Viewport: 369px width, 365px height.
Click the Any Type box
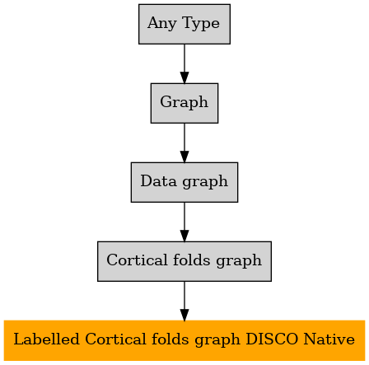[184, 24]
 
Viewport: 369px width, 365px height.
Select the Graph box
[184, 103]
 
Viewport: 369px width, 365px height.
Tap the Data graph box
[184, 182]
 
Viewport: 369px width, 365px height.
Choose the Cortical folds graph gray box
[184, 261]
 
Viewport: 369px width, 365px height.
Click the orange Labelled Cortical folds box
[184, 340]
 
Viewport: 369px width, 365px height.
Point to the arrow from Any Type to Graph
[184, 63]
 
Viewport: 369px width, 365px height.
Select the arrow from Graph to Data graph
[184, 143]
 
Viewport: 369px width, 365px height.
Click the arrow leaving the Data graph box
[184, 222]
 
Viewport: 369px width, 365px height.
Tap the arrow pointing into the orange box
[184, 301]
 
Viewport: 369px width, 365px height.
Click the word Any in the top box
[161, 23]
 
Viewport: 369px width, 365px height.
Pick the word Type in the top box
[201, 23]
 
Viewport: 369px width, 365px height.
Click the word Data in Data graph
[158, 181]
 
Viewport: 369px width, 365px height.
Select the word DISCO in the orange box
[272, 339]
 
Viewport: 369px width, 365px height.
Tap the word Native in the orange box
[329, 339]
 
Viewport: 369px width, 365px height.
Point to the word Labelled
[46, 339]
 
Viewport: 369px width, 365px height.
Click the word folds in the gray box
[191, 260]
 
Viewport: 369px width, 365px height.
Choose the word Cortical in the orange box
[115, 339]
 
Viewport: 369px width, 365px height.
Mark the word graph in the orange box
[217, 340]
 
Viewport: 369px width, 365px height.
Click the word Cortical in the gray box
[137, 260]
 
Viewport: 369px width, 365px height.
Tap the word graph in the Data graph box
[205, 182]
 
